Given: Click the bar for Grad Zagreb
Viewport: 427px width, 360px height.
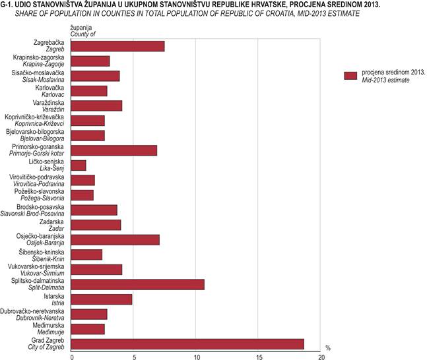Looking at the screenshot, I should pyautogui.click(x=187, y=344).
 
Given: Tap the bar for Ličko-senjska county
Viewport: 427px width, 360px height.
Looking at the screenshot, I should pyautogui.click(x=78, y=165).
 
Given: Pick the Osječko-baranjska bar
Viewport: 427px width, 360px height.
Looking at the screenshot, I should pyautogui.click(x=115, y=239).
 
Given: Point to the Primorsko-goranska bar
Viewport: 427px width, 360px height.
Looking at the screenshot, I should pyautogui.click(x=114, y=150).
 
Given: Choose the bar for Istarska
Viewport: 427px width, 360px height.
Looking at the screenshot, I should pyautogui.click(x=101, y=299).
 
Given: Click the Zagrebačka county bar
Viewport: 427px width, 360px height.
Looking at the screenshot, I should pyautogui.click(x=117, y=45).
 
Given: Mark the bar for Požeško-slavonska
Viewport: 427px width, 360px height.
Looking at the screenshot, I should pyautogui.click(x=82, y=195).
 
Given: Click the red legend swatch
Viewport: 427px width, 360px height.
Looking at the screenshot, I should pyautogui.click(x=350, y=75).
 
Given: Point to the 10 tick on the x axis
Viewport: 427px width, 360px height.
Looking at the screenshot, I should pyautogui.click(x=197, y=357).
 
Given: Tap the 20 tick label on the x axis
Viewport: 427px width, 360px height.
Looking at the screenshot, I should pyautogui.click(x=321, y=357).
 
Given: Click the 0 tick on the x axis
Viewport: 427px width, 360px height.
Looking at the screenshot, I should pyautogui.click(x=71, y=357).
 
